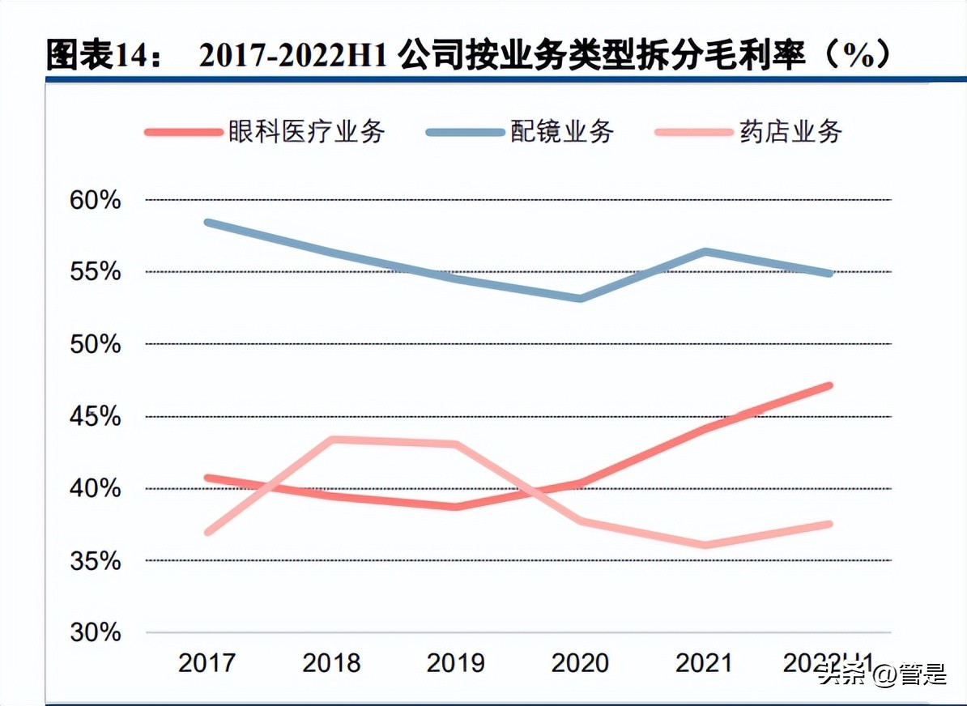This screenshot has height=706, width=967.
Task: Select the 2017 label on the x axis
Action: (x=207, y=663)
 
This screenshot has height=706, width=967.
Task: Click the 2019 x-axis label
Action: (x=455, y=663)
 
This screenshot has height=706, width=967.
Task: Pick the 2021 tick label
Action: (x=704, y=663)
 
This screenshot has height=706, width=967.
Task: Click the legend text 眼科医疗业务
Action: (x=306, y=131)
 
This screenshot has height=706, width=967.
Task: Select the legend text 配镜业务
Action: (x=561, y=131)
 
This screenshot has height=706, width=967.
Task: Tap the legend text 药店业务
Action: (x=790, y=131)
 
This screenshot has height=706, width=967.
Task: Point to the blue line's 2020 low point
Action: (x=580, y=298)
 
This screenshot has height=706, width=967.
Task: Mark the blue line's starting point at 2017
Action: (x=208, y=222)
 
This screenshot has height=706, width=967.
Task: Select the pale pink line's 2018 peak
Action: (x=332, y=440)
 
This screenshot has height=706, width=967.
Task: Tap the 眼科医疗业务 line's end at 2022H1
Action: (x=829, y=385)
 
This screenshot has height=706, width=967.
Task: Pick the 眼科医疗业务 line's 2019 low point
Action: (x=455, y=507)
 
